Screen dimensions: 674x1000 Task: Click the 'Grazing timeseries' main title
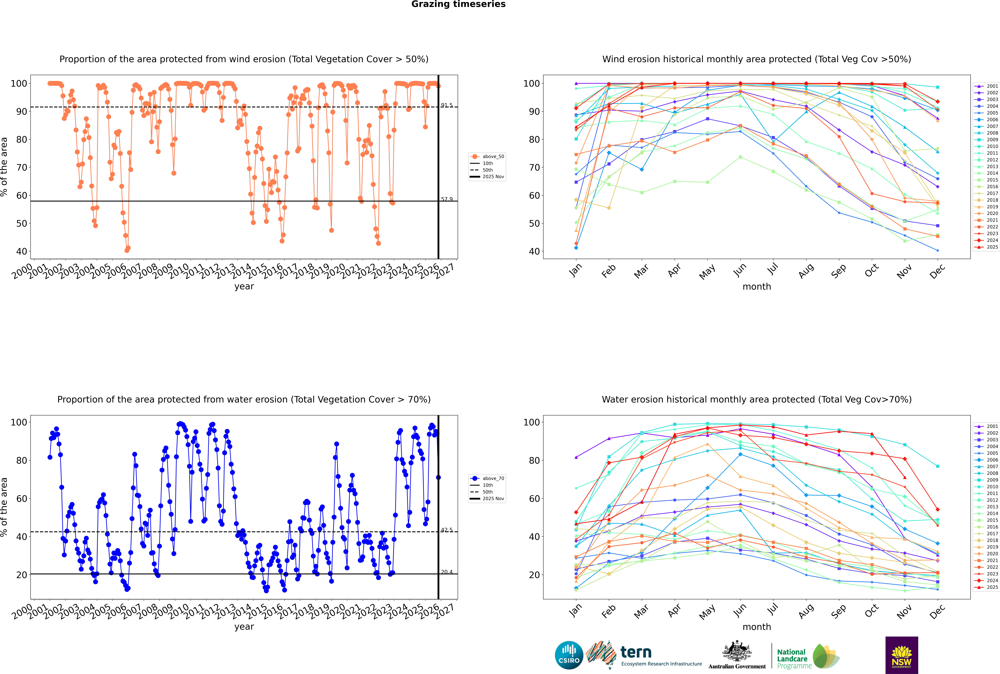[458, 4]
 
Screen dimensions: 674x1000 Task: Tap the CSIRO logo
[569, 655]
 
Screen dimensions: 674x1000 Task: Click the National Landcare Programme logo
[807, 656]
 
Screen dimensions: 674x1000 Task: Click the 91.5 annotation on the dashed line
[447, 105]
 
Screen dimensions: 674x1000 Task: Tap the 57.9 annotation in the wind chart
[447, 199]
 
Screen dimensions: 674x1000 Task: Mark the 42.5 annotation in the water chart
[447, 530]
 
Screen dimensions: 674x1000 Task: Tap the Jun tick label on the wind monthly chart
[740, 270]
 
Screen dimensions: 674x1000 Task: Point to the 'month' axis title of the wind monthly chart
[757, 287]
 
